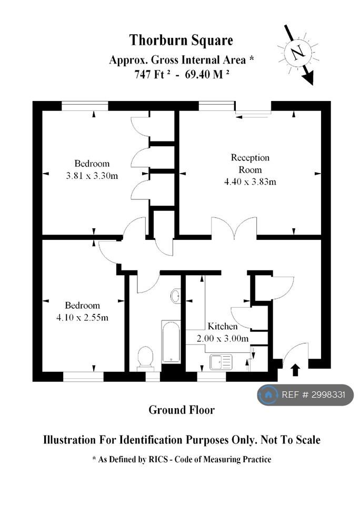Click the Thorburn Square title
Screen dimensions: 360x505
click(x=181, y=41)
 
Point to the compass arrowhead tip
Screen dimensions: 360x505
click(x=313, y=85)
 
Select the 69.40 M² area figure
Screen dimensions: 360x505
click(x=207, y=74)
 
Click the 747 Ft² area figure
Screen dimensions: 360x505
click(x=152, y=74)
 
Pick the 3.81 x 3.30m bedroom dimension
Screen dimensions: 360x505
click(x=92, y=176)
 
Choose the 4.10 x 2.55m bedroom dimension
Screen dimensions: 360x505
click(x=82, y=318)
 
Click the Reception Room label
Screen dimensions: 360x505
click(x=250, y=164)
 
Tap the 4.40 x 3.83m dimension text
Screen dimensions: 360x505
click(x=250, y=181)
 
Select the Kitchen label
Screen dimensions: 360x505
click(x=223, y=326)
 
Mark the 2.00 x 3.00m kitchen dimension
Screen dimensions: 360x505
click(x=223, y=338)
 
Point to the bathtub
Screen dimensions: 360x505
click(x=171, y=341)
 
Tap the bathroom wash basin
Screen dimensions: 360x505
click(x=175, y=296)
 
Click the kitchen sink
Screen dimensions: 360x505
click(x=221, y=362)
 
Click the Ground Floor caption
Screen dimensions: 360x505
click(x=182, y=410)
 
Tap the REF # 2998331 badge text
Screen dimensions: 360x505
click(x=313, y=395)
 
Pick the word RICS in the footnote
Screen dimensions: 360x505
click(x=158, y=459)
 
